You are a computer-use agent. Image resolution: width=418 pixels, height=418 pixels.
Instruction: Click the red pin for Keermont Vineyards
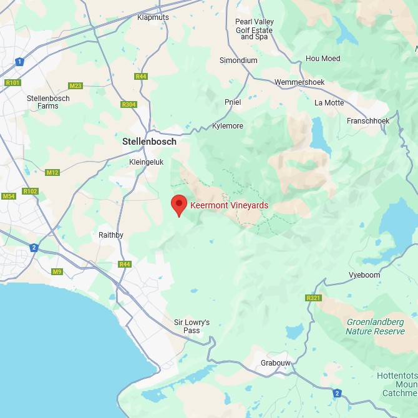click(179, 204)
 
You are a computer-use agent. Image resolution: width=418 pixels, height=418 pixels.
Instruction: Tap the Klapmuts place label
click(153, 17)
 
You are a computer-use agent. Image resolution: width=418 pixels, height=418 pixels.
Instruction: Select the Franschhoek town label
click(368, 121)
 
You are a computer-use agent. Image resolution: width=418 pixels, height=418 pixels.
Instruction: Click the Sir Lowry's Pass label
click(192, 326)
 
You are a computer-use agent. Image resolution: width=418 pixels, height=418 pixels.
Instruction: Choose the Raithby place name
click(111, 235)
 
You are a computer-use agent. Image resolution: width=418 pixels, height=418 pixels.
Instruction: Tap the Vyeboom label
click(365, 275)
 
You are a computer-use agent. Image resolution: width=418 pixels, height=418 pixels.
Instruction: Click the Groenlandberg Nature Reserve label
click(375, 326)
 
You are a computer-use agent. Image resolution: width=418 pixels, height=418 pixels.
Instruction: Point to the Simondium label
click(238, 61)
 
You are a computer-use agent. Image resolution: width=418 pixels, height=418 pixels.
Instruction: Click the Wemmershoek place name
click(301, 82)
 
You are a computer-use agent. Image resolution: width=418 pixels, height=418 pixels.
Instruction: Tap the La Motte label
click(329, 103)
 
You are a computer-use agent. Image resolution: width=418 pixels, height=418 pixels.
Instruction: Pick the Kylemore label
click(228, 126)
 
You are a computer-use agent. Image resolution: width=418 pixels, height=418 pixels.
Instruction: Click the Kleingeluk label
click(145, 162)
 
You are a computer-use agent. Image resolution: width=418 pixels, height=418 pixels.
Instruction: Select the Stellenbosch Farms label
click(48, 102)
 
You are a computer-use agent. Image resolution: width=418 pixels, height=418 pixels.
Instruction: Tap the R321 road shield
click(313, 298)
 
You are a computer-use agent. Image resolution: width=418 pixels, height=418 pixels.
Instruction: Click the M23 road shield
click(76, 85)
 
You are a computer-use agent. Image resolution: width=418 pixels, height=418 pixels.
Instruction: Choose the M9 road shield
click(57, 271)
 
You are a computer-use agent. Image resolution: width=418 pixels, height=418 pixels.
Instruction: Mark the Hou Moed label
click(323, 59)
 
